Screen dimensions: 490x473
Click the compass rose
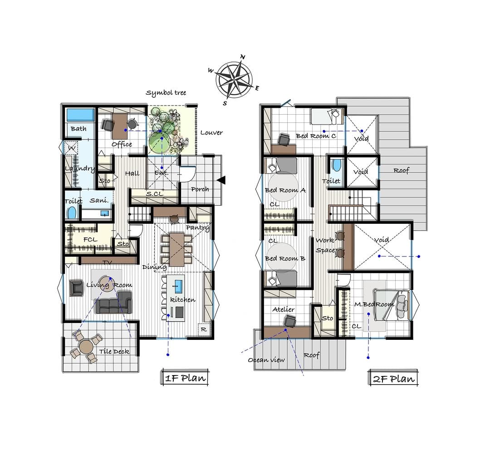point(234,80)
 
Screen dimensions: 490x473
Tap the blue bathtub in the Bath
point(80,115)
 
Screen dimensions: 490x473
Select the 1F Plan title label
point(185,378)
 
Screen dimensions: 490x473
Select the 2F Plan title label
point(393,378)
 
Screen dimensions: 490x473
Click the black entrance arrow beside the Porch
point(221,180)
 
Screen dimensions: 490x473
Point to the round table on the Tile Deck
point(86,346)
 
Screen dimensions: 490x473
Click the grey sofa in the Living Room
point(114,302)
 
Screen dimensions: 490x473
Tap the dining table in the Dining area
point(177,249)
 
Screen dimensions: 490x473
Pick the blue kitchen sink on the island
point(178,285)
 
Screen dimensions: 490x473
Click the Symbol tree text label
point(166,93)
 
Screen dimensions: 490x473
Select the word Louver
point(211,133)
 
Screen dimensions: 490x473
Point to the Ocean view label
point(266,360)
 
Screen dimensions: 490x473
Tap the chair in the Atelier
point(290,321)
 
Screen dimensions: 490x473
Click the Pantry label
point(197,228)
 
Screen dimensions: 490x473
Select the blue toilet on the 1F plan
point(72,213)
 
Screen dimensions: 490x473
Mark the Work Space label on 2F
point(326,245)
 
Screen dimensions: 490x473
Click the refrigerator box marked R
point(204,329)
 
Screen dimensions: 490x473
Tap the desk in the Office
point(119,126)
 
